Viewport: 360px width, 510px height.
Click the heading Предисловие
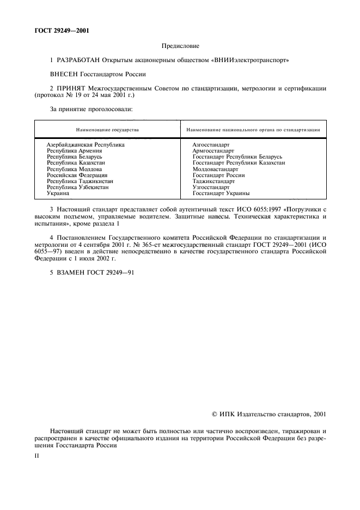[x=180, y=46]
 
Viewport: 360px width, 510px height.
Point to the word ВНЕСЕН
[x=65, y=73]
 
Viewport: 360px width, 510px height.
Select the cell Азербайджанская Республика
[x=86, y=145]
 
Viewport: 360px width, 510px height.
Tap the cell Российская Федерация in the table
[x=77, y=175]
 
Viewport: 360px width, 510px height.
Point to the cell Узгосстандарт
[x=211, y=187]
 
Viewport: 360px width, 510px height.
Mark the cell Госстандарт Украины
[x=221, y=193]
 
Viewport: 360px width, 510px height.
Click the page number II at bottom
[x=36, y=453]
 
